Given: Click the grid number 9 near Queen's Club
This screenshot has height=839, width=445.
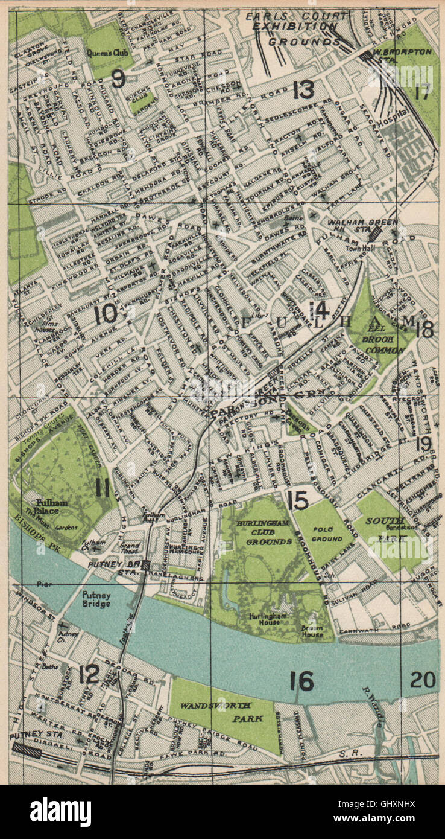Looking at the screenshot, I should coord(119,78).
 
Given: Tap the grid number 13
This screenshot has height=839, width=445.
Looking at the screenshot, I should coord(303,90).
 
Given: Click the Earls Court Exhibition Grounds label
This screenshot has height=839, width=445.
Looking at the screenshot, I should coord(295,28).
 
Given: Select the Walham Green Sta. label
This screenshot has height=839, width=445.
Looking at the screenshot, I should coord(362,226).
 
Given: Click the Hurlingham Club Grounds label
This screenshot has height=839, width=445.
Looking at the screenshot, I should coord(264,532).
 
